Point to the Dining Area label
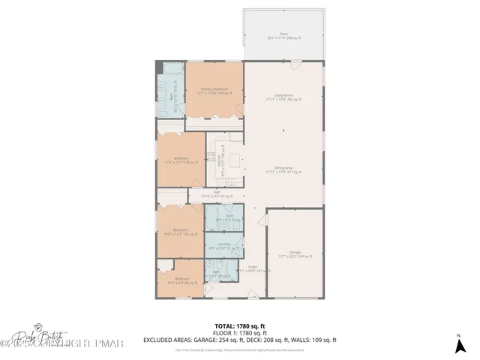coord(283,169)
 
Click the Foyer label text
coord(253,268)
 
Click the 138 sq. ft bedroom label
coord(181,160)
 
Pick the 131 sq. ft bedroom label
coord(181,232)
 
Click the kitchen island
coord(235,160)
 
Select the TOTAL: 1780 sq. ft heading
coord(240,325)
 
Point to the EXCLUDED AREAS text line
coord(240,340)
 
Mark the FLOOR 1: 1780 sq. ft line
coord(240,333)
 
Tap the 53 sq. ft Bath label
coord(231,218)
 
